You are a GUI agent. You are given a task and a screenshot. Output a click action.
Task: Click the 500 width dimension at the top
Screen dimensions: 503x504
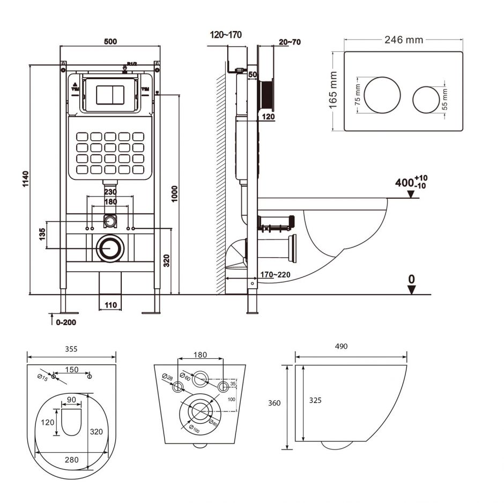[110, 42]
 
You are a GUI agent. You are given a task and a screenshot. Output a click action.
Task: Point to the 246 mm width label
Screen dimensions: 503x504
[403, 40]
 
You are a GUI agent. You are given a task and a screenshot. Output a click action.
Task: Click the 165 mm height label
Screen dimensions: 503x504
[333, 91]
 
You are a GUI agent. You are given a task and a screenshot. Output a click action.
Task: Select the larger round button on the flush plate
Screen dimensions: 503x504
[382, 95]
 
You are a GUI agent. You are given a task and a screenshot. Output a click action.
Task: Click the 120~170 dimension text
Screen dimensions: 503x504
[226, 35]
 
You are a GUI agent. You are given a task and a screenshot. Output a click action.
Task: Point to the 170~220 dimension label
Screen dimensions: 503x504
[275, 275]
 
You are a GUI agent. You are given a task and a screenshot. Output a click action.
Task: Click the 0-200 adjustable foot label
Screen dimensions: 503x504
[65, 322]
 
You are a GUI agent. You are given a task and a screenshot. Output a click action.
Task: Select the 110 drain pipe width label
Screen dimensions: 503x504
[110, 305]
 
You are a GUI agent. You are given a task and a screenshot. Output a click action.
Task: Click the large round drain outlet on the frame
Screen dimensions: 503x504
[110, 249]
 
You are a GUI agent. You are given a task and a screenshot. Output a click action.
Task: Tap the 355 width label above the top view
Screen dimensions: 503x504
[71, 349]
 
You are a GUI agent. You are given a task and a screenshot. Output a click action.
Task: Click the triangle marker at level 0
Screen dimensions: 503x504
[411, 289]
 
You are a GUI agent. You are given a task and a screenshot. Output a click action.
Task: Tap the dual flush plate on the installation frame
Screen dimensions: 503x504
[110, 94]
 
